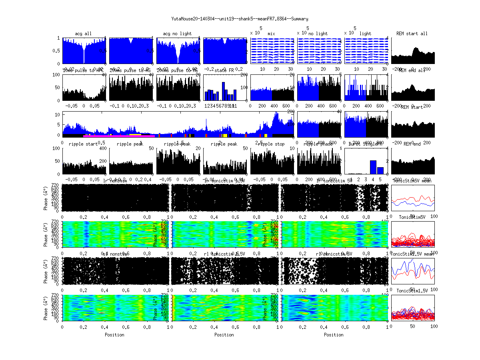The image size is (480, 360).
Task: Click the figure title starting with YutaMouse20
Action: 240,19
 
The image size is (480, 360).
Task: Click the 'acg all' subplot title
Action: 83,34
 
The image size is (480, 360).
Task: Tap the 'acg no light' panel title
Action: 177,34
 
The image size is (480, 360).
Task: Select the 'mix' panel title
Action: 272,34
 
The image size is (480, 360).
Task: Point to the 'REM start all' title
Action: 412,34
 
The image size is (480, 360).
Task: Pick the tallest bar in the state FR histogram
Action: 223,91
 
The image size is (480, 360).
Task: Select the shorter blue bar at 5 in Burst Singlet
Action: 380,170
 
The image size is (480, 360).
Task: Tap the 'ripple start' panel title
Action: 83,144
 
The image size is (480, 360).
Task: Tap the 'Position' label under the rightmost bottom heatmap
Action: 334,335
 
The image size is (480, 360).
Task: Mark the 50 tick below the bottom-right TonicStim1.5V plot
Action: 412,326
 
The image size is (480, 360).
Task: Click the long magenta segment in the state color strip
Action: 116,136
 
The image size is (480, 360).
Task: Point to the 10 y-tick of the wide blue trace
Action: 58,114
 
